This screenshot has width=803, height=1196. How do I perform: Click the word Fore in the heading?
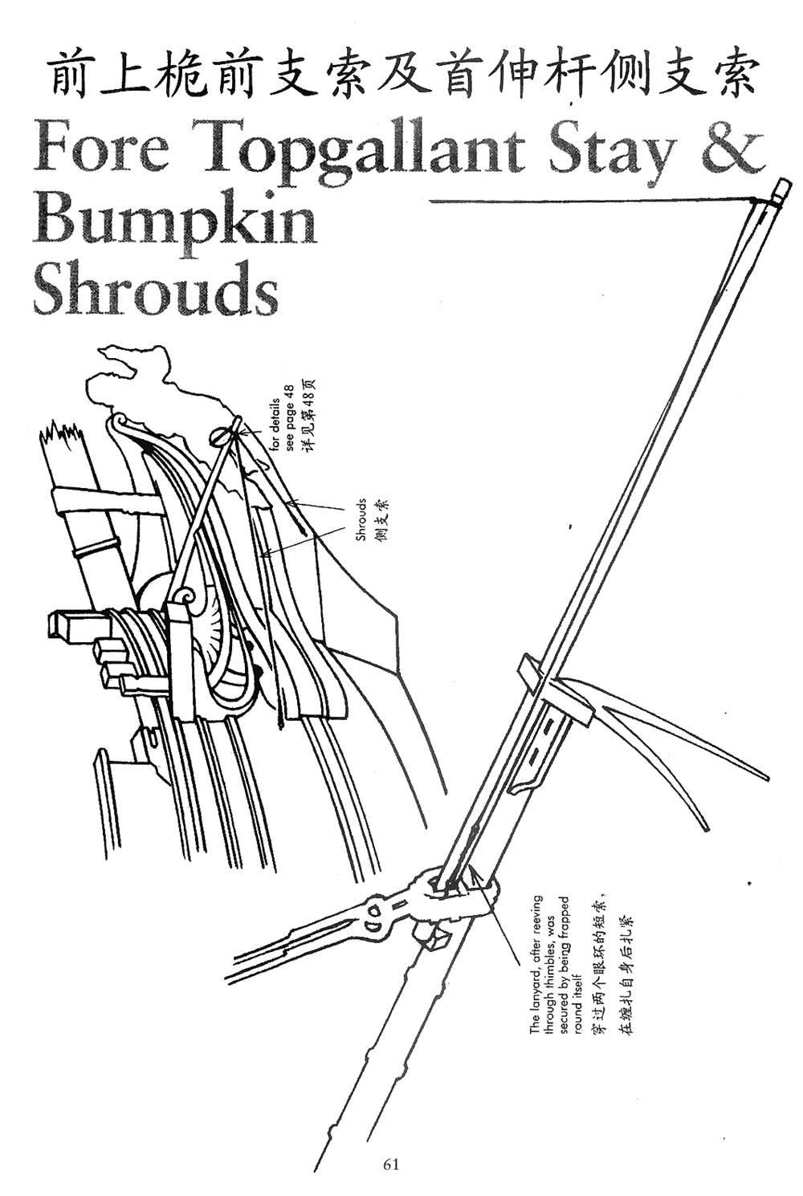tap(101, 149)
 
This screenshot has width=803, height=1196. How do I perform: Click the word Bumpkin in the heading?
tap(174, 221)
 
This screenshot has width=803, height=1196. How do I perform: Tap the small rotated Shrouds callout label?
tap(361, 519)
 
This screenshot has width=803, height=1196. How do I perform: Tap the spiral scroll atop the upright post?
tap(184, 598)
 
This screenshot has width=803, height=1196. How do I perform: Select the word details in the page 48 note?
tap(275, 416)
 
